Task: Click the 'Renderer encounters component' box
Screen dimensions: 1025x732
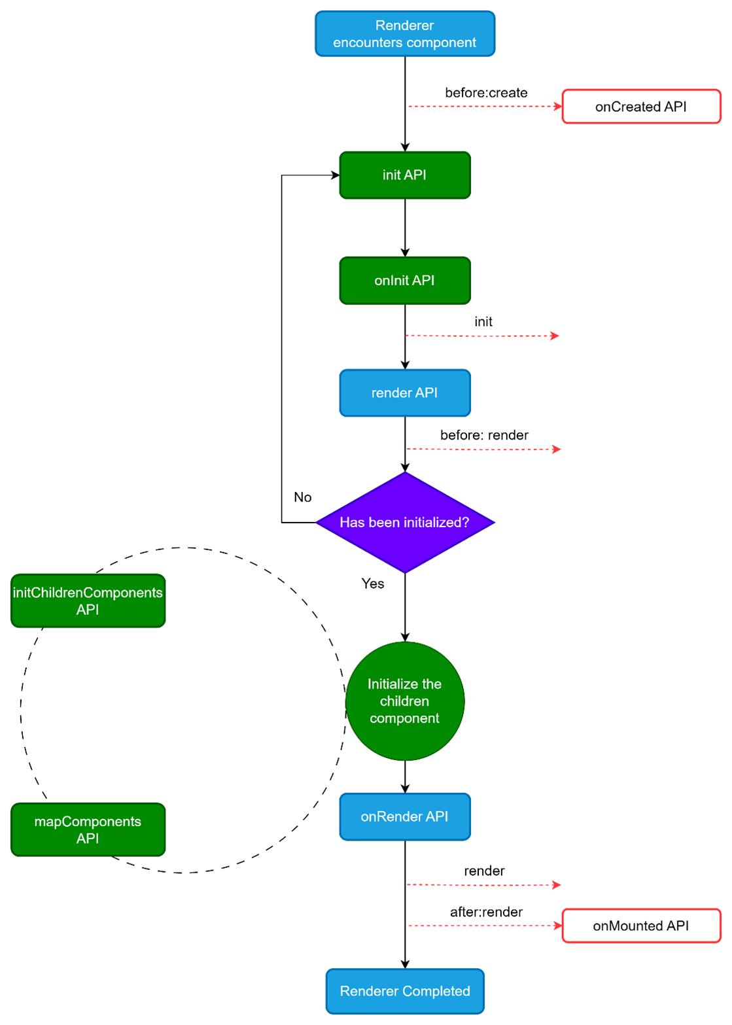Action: coord(405,33)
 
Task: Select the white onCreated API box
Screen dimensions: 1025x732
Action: coord(641,107)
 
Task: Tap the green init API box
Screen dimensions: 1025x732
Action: coord(405,175)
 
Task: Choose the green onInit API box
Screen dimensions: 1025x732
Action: coord(405,281)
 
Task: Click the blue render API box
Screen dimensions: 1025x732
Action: coord(405,393)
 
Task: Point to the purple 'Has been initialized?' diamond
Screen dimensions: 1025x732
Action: coord(405,523)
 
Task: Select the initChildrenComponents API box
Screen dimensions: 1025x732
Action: coord(88,601)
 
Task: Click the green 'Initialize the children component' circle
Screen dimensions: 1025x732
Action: coord(405,701)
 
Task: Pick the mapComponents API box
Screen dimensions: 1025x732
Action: coord(88,830)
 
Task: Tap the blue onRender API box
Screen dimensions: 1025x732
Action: coord(405,817)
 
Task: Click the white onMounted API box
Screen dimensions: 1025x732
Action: coord(641,926)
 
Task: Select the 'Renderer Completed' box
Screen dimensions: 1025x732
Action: coord(405,992)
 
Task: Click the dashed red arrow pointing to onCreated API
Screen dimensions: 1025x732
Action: coord(484,106)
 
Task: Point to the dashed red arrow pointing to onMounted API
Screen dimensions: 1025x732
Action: coord(484,926)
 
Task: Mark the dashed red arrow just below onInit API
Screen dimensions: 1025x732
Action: coord(482,336)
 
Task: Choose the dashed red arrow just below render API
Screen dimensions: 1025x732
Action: coord(483,449)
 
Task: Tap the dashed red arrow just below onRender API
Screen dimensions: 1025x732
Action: coord(483,885)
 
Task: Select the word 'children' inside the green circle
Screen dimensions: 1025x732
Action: coord(404,701)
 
